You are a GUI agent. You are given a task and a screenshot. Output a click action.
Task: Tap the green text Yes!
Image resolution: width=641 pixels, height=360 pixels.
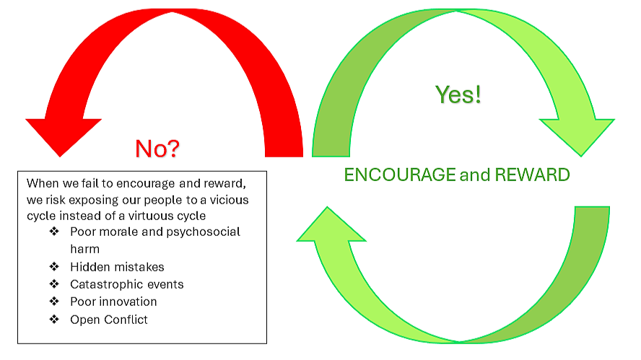click(x=458, y=95)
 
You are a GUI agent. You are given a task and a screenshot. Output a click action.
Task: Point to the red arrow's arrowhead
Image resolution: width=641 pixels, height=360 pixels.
click(x=63, y=135)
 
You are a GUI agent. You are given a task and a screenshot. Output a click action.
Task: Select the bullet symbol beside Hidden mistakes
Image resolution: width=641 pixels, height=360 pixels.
click(x=54, y=267)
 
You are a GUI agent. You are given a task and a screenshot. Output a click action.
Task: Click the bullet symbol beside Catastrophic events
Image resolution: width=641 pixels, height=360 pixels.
click(x=54, y=284)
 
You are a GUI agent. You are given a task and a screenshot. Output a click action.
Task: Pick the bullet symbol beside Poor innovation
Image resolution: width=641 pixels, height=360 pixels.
click(x=54, y=302)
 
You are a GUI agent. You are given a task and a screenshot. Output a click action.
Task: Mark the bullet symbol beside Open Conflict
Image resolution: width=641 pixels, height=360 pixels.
click(x=54, y=319)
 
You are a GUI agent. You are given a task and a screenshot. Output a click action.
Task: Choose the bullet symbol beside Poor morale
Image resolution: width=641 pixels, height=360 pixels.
click(x=54, y=232)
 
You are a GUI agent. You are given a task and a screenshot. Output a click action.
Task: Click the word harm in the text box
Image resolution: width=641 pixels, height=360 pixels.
click(x=84, y=249)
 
